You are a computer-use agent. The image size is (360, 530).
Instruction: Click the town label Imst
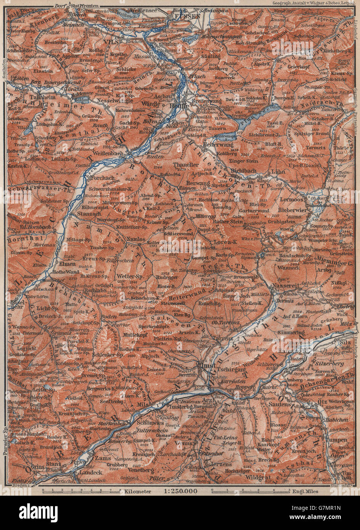click(x=206, y=365)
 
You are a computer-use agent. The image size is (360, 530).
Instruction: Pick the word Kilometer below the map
click(x=137, y=491)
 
